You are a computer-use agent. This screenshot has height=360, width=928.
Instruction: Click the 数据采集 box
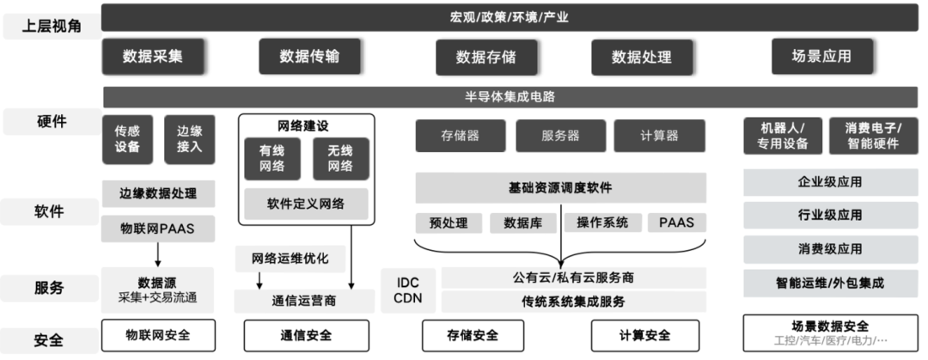(152, 57)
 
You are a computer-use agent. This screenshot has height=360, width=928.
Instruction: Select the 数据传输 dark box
(309, 57)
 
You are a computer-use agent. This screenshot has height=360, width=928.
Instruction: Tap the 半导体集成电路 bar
(509, 96)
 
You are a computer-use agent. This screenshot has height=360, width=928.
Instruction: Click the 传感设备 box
(127, 138)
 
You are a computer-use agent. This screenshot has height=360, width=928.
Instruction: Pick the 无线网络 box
(340, 158)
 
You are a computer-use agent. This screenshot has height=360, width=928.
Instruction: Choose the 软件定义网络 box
(305, 204)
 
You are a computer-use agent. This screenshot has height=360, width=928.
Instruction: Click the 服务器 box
(559, 136)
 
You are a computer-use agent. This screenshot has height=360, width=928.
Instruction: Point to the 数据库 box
(522, 223)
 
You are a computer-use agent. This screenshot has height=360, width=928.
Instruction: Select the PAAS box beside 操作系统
(676, 223)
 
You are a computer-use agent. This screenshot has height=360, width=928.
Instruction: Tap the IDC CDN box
(408, 290)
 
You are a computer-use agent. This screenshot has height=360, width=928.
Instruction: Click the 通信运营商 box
(304, 301)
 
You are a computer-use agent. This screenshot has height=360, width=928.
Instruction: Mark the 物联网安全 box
(157, 335)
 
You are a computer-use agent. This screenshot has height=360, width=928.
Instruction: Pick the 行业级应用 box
(829, 215)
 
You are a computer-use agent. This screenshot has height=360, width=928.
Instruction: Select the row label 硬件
(51, 123)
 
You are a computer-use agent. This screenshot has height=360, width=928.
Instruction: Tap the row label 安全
(51, 340)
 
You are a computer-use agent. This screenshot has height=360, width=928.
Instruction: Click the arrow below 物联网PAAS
(158, 255)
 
